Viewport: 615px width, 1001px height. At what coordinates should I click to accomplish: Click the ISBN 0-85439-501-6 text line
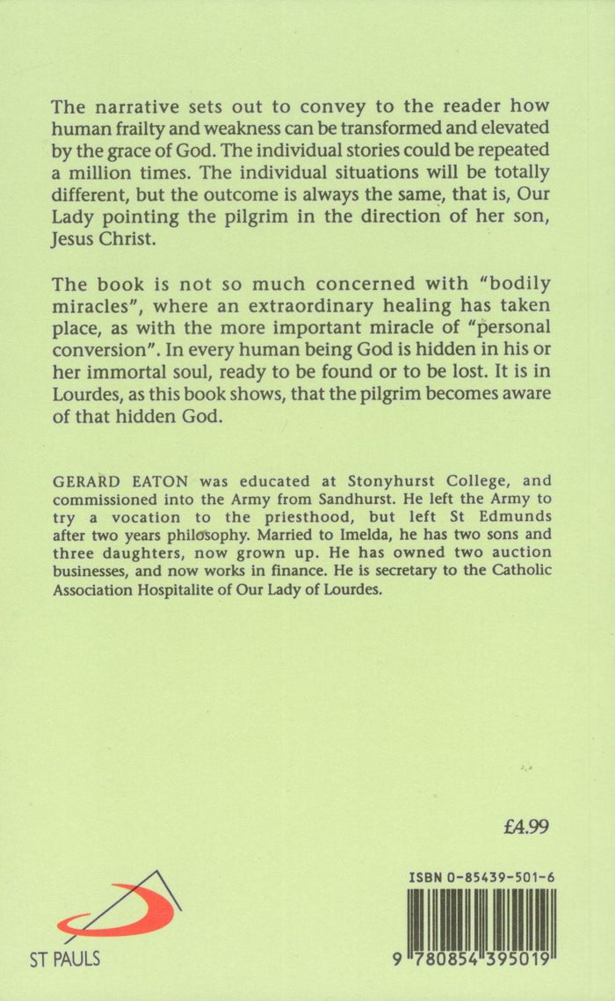[486, 878]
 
